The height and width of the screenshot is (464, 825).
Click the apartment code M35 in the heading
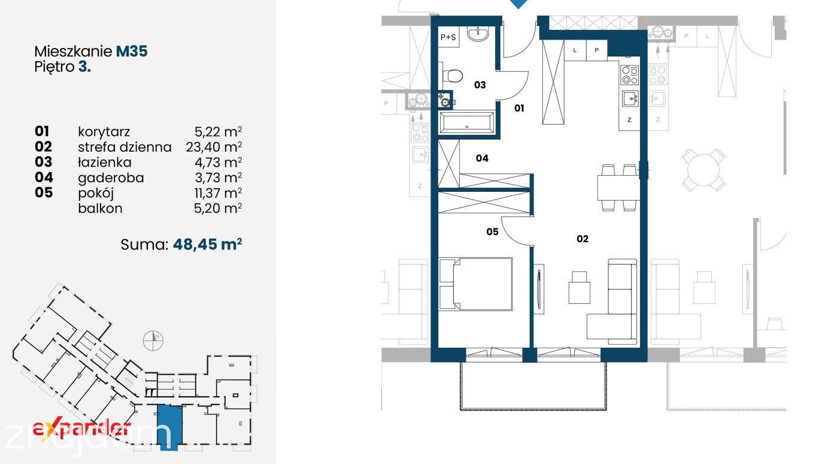132,52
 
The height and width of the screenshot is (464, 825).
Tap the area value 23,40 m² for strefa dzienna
214,147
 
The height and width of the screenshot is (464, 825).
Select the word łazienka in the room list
105,162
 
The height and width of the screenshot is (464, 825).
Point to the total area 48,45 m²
207,244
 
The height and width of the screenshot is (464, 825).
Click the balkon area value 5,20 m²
218,209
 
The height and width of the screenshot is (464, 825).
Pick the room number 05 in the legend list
44,192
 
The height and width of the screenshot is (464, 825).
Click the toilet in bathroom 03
451,76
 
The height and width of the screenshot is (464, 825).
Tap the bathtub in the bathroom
466,122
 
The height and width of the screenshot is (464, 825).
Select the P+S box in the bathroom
448,37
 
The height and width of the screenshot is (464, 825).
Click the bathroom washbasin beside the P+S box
478,34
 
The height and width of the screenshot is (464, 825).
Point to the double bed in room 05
475,284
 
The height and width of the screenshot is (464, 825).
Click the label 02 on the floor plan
583,239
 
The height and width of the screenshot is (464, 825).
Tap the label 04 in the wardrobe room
482,158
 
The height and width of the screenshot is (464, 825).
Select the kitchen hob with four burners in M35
629,75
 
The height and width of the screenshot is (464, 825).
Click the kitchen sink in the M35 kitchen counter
630,98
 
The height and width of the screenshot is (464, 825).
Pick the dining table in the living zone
618,188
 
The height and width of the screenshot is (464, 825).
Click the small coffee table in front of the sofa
579,288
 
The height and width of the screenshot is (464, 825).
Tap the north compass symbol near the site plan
153,341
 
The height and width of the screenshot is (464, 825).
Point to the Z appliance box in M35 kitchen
629,119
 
